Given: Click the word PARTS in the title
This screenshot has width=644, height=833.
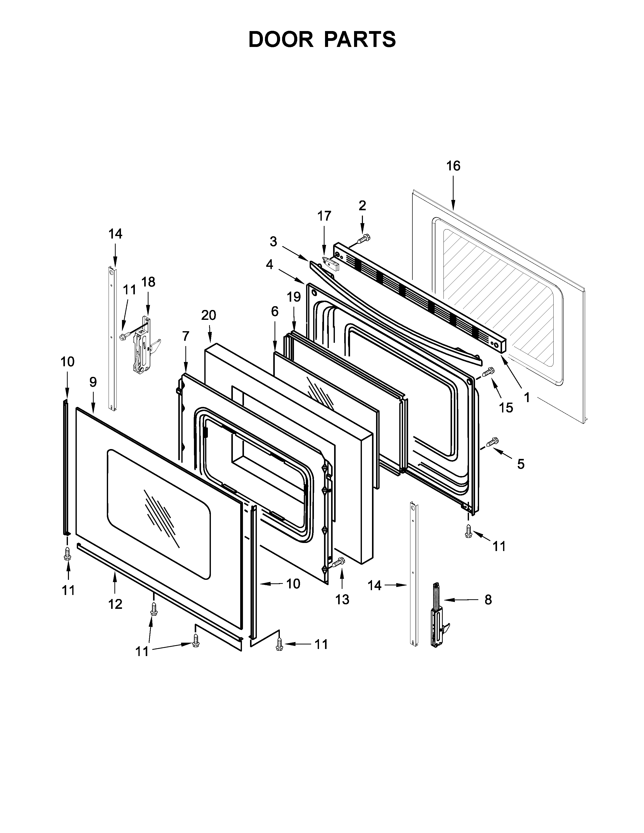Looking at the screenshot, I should (360, 39).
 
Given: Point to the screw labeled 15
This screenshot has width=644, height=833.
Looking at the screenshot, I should (488, 371).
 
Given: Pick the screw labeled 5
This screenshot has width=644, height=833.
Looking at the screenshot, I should (492, 442).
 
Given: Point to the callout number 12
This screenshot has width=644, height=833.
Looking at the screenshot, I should (115, 604).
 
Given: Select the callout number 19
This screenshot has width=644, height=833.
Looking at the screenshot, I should (294, 297).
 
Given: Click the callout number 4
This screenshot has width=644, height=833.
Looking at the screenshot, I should (270, 264).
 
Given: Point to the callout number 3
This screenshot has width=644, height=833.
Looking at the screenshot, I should (273, 241).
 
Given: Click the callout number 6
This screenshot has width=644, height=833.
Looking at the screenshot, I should (275, 311).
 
